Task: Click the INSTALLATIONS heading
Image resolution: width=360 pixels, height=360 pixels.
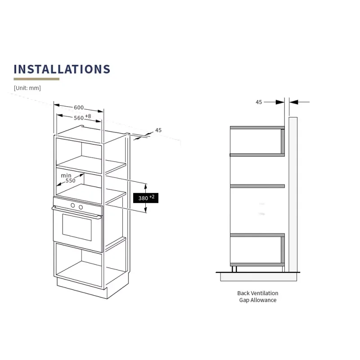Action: point(62,69)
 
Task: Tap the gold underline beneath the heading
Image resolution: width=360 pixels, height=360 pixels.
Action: point(36,79)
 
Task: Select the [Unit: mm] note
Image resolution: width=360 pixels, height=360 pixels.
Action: point(27,88)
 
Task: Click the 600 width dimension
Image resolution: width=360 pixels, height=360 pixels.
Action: point(78,108)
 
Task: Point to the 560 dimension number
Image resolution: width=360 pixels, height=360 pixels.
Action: point(78,118)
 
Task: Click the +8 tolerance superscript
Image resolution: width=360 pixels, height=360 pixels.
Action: point(88,116)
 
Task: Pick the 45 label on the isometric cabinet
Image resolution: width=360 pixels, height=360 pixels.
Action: point(158,130)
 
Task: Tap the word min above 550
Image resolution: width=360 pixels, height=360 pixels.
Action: point(66,175)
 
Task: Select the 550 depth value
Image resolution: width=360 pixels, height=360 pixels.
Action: point(71,181)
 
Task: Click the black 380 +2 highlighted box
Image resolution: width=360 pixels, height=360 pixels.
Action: point(146,198)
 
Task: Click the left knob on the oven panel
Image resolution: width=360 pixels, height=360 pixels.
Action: point(73,206)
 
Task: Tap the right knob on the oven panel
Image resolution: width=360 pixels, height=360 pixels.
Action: point(81,207)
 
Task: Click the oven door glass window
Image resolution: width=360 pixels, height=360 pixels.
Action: point(77,228)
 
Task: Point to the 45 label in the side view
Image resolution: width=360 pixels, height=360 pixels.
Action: point(259,102)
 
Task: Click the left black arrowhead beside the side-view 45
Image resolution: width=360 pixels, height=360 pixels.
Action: point(280,102)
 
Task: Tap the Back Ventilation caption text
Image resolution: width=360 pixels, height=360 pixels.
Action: point(258,297)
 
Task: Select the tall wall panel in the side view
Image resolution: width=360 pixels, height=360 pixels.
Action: point(293,195)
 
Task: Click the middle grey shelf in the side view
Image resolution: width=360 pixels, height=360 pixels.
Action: point(257,186)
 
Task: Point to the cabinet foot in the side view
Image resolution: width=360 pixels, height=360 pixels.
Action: point(234,269)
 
